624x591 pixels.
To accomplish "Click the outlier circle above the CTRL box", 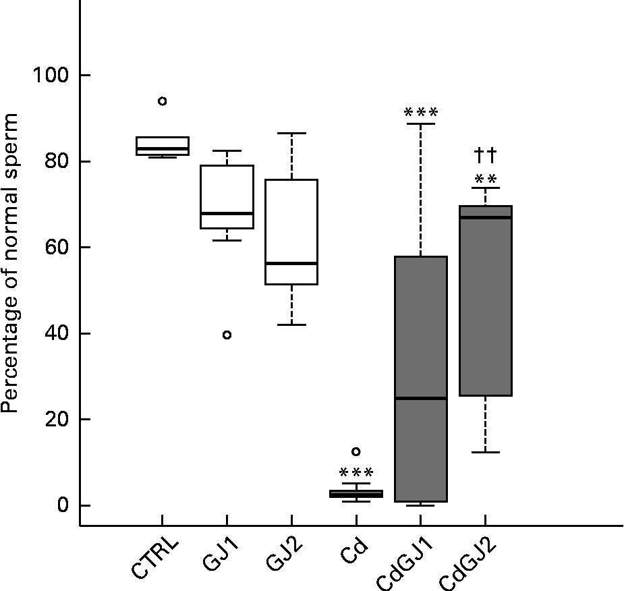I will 162,101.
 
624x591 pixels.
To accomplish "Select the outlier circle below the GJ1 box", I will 227,335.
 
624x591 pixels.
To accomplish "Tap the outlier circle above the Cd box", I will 356,451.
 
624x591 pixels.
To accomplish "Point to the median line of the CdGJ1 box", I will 420,398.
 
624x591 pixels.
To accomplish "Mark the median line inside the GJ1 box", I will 227,213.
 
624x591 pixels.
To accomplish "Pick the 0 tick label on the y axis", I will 63,505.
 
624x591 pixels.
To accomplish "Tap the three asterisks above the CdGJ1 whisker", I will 420,112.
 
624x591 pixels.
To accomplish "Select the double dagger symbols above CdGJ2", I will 485,156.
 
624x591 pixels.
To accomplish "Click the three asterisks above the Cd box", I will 356,473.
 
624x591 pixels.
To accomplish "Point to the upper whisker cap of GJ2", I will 291,133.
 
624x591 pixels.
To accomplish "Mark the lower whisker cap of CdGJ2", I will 485,452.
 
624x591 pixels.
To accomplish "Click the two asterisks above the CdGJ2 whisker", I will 485,179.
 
